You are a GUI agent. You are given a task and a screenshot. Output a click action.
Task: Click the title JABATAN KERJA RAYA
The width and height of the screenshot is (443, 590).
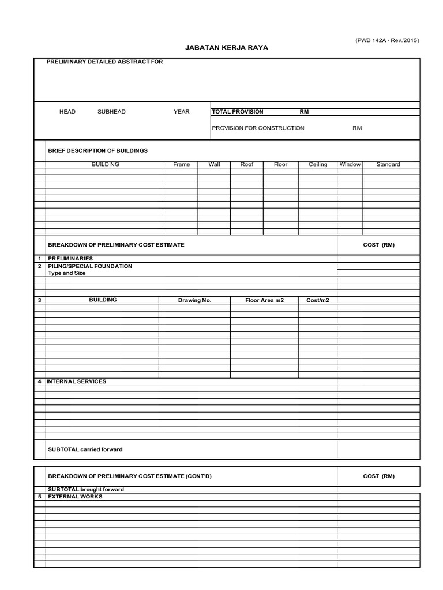pyautogui.click(x=226, y=48)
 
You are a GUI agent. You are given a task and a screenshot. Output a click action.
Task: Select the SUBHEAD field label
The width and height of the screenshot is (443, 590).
pyautogui.click(x=111, y=112)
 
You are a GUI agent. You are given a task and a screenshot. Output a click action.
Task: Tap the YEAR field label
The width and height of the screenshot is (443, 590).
pyautogui.click(x=182, y=112)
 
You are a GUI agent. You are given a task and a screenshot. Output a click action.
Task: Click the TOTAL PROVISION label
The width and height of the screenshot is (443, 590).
pyautogui.click(x=238, y=112)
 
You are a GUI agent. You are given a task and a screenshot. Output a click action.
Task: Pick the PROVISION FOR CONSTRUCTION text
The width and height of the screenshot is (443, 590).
pyautogui.click(x=258, y=128)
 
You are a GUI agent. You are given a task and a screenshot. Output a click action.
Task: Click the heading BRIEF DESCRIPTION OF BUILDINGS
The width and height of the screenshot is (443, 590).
pyautogui.click(x=97, y=150)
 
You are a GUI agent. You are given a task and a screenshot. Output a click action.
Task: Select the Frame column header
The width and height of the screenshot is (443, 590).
pyautogui.click(x=182, y=164)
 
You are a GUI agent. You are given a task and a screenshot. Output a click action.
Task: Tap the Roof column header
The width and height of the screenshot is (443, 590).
pyautogui.click(x=247, y=164)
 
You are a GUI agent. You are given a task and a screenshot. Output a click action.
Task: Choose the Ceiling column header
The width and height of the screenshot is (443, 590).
pyautogui.click(x=318, y=164)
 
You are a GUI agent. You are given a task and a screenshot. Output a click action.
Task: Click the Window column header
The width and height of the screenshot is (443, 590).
pyautogui.click(x=350, y=164)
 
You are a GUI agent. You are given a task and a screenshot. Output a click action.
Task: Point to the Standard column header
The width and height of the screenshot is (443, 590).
pyautogui.click(x=388, y=164)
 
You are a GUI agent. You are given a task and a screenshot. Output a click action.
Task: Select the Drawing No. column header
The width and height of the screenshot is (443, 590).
pyautogui.click(x=194, y=300)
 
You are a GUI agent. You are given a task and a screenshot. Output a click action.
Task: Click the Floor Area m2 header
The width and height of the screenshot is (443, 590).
pyautogui.click(x=264, y=300)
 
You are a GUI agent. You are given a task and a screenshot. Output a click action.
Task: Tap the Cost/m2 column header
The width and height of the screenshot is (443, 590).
pyautogui.click(x=317, y=300)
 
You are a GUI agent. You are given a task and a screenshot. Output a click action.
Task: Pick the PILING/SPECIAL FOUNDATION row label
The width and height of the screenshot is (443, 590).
pyautogui.click(x=90, y=266)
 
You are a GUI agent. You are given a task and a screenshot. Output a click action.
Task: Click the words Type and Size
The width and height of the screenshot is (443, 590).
pyautogui.click(x=66, y=273)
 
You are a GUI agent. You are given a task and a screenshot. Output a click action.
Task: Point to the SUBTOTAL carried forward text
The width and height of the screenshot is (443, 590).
pyautogui.click(x=85, y=449)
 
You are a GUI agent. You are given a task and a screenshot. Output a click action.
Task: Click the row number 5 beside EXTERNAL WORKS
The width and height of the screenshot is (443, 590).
pyautogui.click(x=39, y=496)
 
